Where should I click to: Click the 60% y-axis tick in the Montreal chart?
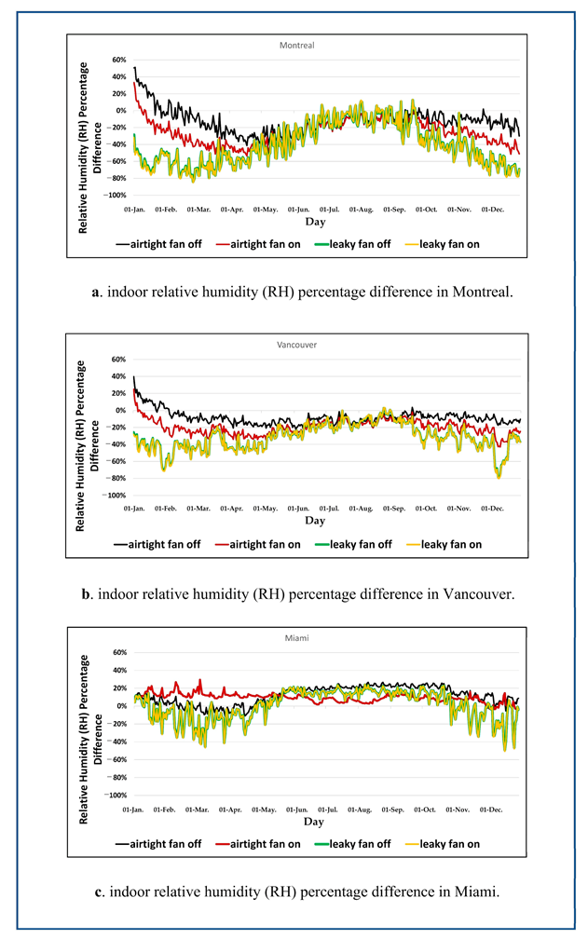coord(118,59)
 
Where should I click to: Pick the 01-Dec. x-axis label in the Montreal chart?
coord(494,211)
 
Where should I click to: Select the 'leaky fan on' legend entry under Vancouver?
coord(450,544)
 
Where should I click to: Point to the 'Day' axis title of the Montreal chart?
coord(315,224)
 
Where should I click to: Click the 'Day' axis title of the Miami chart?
coord(315,823)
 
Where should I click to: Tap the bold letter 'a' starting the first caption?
coord(96,292)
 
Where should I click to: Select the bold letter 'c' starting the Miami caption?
coord(99,891)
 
